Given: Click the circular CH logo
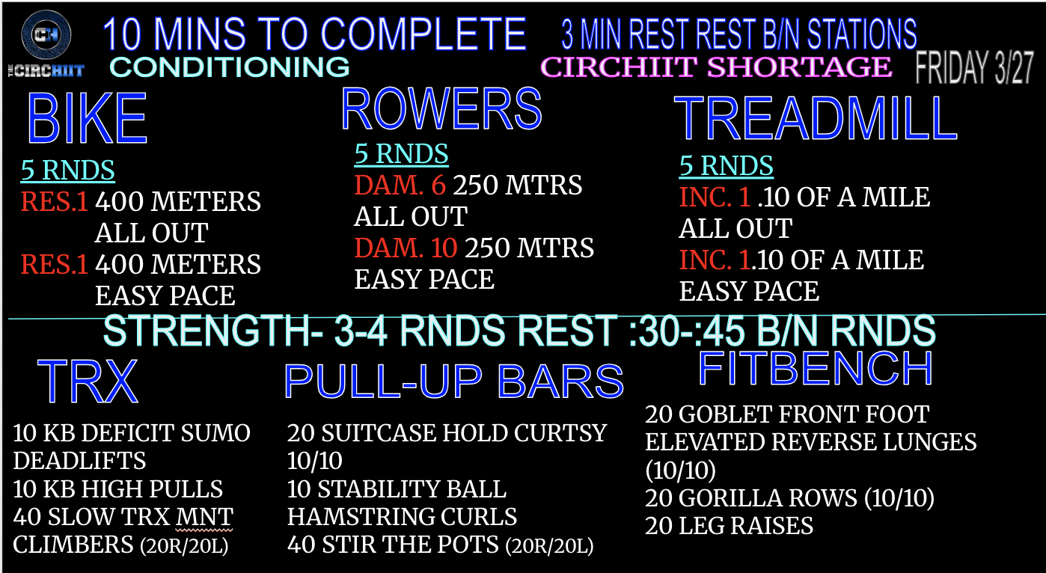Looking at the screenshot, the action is coord(46,34).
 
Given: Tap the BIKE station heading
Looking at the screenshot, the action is coord(88,119).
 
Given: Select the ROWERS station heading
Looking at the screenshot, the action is coord(441,108).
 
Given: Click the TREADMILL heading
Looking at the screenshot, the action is coord(816,119).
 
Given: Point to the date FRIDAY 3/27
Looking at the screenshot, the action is coord(974,68).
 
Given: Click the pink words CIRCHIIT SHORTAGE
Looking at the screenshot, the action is coord(716,67).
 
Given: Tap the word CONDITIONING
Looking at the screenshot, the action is coord(229,67).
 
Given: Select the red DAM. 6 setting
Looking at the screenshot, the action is coord(400,185).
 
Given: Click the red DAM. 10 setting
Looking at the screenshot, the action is coord(406,248).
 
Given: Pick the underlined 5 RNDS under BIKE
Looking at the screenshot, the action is coord(67,170).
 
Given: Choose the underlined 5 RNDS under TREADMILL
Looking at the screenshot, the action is coord(726,166).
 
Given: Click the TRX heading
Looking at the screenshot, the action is coord(88,382).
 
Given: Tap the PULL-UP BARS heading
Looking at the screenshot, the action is coord(454,382).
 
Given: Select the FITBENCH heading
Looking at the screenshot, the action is coord(816,369).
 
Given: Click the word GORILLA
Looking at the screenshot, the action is coord(768,497).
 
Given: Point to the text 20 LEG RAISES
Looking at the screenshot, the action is coord(729,526).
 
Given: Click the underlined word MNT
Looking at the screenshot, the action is coord(204,517).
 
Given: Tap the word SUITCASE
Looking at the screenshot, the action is coord(379,433).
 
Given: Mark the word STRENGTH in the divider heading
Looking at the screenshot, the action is coord(212,331).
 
